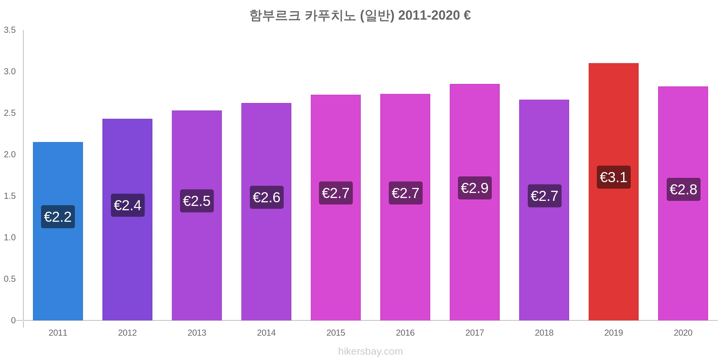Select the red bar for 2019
pyautogui.click(x=613, y=252)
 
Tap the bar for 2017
pyautogui.click(x=474, y=252)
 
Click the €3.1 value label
pyautogui.click(x=613, y=177)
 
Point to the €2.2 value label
pyautogui.click(x=58, y=217)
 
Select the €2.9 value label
pyautogui.click(x=474, y=188)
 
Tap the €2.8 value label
pyautogui.click(x=683, y=189)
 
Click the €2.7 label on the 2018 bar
pyautogui.click(x=544, y=196)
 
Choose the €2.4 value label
pyautogui.click(x=127, y=205)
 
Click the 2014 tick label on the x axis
pyautogui.click(x=266, y=333)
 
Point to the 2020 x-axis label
pyautogui.click(x=683, y=333)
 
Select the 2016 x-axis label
pyautogui.click(x=405, y=333)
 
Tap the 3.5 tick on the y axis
pyautogui.click(x=10, y=30)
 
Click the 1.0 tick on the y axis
pyautogui.click(x=10, y=238)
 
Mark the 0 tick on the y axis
pyautogui.click(x=13, y=320)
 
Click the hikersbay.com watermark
pyautogui.click(x=370, y=351)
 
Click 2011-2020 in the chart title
pyautogui.click(x=429, y=15)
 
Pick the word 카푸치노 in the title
pyautogui.click(x=330, y=15)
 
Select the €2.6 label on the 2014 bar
pyautogui.click(x=266, y=197)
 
